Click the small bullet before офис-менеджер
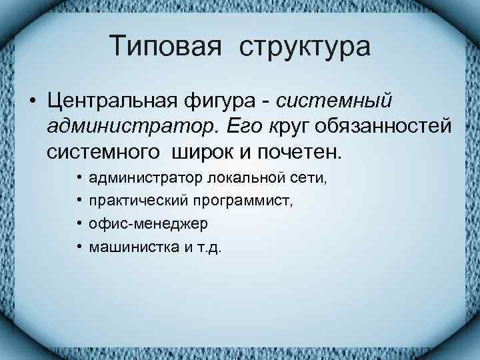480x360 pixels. point(79,225)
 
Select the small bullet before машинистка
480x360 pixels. point(79,247)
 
